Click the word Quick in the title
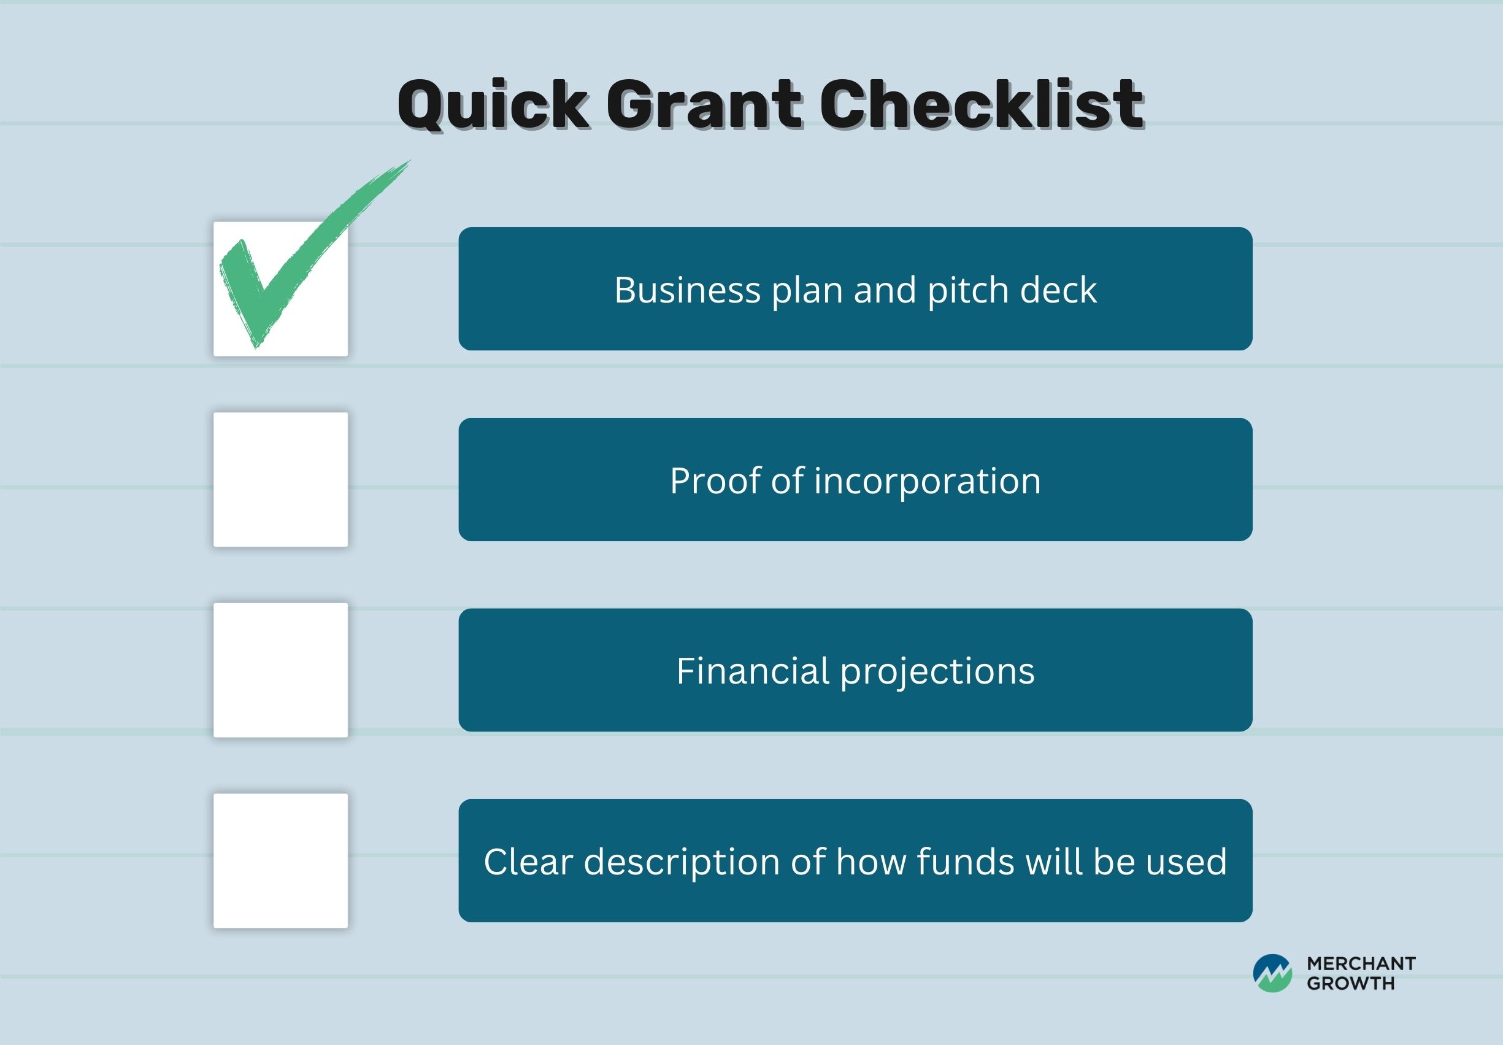[494, 106]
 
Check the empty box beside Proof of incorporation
[281, 479]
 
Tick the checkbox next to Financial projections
[281, 670]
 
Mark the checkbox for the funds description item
[281, 860]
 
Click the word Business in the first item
[686, 290]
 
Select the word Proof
[714, 480]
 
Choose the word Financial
[753, 671]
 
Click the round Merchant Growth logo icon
[1272, 974]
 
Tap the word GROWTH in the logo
[1351, 984]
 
